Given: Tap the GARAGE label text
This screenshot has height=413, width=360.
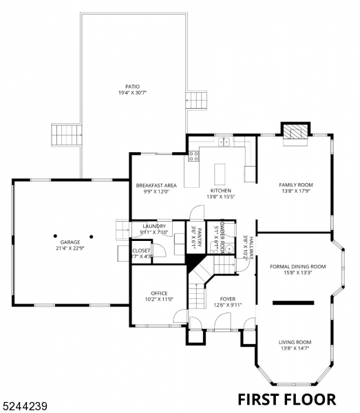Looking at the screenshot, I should coord(70,242).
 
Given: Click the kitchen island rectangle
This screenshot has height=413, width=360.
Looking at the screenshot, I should coord(222,171).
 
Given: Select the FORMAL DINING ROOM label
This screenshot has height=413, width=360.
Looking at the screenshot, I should coord(297,266).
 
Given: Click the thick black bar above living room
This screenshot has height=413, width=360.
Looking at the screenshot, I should coord(293,301).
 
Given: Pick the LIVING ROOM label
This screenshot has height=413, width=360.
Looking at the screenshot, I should coord(295,342).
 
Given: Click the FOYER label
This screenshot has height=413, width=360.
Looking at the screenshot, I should coord(227,299).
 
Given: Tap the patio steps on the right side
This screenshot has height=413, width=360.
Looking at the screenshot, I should coord(197,98).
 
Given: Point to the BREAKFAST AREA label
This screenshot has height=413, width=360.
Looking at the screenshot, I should coord(157,185).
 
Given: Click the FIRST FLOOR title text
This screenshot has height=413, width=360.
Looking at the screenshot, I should coord(286,399).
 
